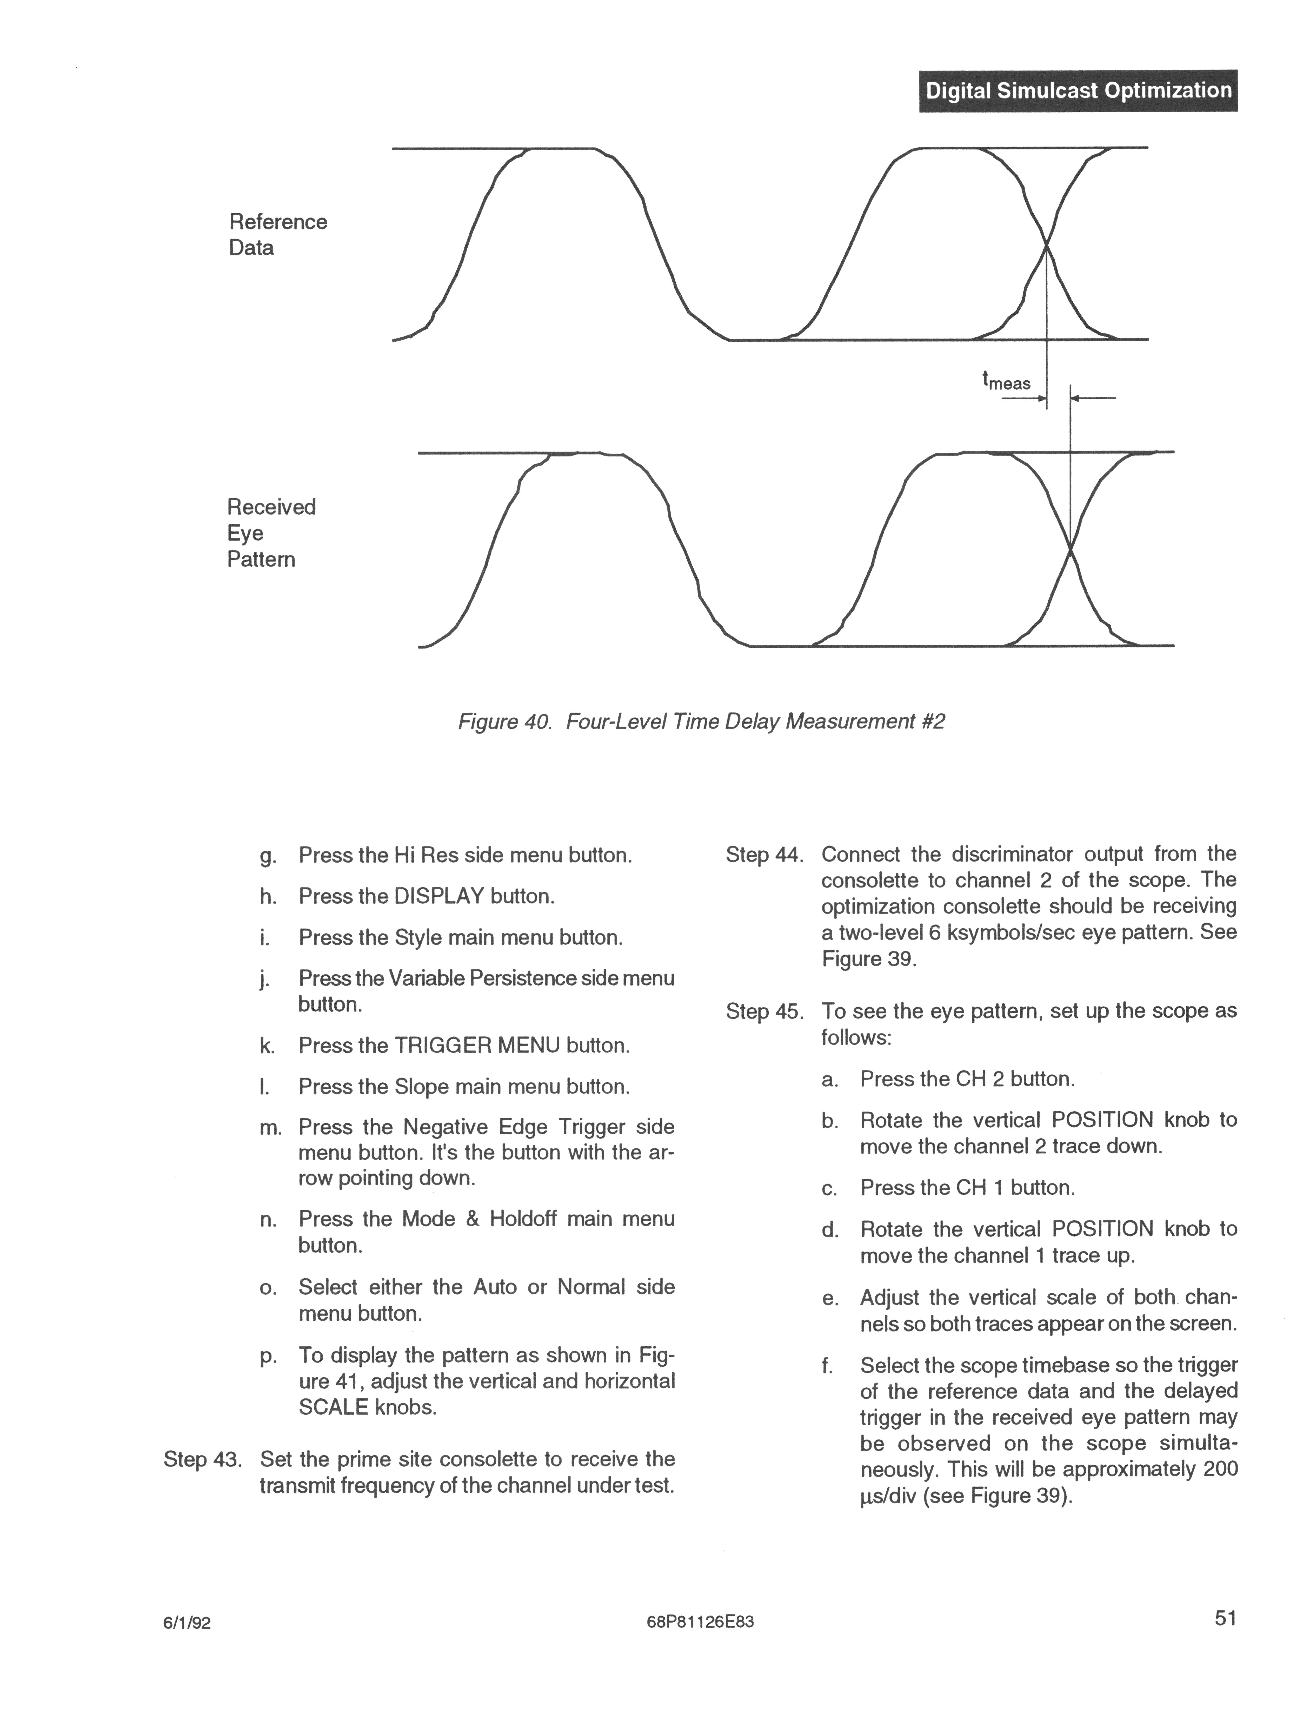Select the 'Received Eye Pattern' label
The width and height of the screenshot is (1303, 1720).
(x=271, y=533)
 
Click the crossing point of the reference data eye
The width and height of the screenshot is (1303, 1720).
(x=1046, y=246)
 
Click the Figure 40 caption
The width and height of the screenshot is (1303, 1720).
(x=701, y=722)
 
